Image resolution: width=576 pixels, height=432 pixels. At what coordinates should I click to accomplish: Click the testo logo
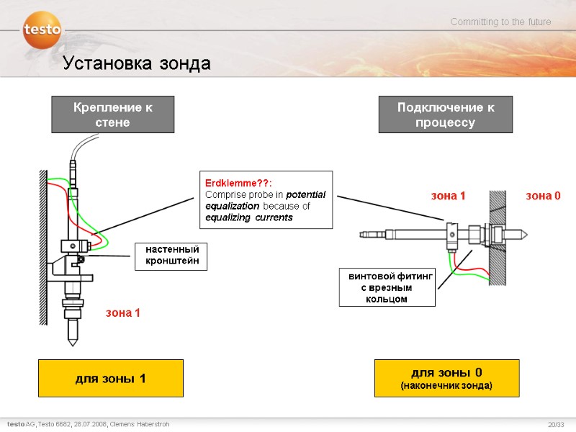pyautogui.click(x=42, y=30)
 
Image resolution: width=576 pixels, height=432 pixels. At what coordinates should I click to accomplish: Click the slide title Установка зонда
pyautogui.click(x=136, y=63)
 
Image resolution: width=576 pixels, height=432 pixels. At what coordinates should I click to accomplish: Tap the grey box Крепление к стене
pyautogui.click(x=113, y=114)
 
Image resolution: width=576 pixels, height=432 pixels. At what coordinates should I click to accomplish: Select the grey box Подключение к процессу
pyautogui.click(x=446, y=114)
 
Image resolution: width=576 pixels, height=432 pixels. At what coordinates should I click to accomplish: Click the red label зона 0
pyautogui.click(x=543, y=196)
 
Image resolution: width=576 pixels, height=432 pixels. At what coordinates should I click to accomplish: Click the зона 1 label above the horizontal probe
pyautogui.click(x=448, y=196)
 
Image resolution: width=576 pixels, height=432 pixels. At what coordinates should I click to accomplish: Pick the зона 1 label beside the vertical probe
pyautogui.click(x=123, y=312)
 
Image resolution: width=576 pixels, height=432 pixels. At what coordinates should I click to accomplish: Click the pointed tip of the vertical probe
pyautogui.click(x=72, y=343)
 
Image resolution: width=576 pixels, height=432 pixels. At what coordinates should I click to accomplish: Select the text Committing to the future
pyautogui.click(x=500, y=22)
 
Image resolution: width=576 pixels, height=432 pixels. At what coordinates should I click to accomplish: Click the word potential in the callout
pyautogui.click(x=305, y=194)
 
